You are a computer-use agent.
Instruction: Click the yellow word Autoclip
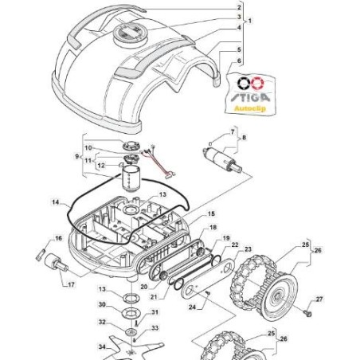point(250,108)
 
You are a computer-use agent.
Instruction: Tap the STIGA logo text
point(250,97)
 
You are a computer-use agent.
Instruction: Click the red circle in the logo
point(258,83)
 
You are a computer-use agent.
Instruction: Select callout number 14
point(55,202)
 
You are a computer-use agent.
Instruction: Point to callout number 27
point(319,299)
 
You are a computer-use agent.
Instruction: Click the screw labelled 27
point(308,313)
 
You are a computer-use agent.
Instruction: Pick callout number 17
point(71,285)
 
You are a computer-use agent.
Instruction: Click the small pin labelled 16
point(40,255)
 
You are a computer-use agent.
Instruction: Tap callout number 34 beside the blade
point(103,347)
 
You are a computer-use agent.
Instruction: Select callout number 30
point(102,304)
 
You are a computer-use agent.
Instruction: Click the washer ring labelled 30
point(131,312)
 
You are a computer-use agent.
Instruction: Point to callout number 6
point(239,61)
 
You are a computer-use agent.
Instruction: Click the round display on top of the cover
point(130,34)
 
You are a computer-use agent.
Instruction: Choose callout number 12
point(101,166)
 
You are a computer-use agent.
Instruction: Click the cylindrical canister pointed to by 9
point(131,178)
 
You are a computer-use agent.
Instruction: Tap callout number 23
point(248,249)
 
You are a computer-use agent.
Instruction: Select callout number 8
point(244,138)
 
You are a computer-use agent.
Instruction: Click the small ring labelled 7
point(210,143)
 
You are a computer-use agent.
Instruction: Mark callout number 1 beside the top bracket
point(250,21)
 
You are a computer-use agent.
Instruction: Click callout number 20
point(143,287)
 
